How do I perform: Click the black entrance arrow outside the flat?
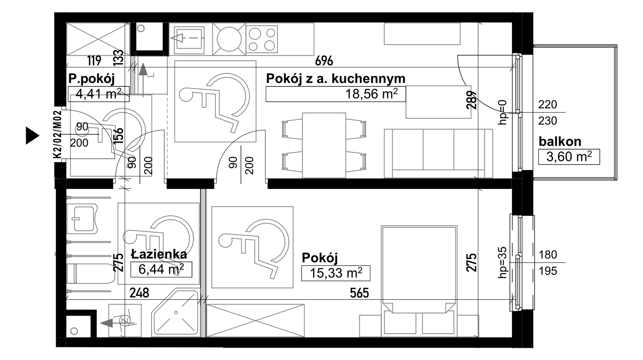[x=32, y=136]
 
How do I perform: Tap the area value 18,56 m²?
[x=372, y=94]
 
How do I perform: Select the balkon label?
[x=560, y=141]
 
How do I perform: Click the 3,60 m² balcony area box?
[x=569, y=157]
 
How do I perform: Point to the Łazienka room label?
[x=159, y=254]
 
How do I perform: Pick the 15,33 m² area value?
[x=336, y=273]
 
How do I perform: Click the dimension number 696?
[x=324, y=61]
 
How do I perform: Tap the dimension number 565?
[x=359, y=293]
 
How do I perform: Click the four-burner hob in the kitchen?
[x=262, y=39]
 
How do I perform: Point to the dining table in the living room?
[x=324, y=145]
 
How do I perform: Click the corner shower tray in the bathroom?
[x=175, y=313]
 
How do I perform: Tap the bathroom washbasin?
[x=83, y=218]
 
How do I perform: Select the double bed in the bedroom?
[x=419, y=281]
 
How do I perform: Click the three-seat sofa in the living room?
[x=438, y=153]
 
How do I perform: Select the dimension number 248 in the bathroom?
[x=139, y=293]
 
